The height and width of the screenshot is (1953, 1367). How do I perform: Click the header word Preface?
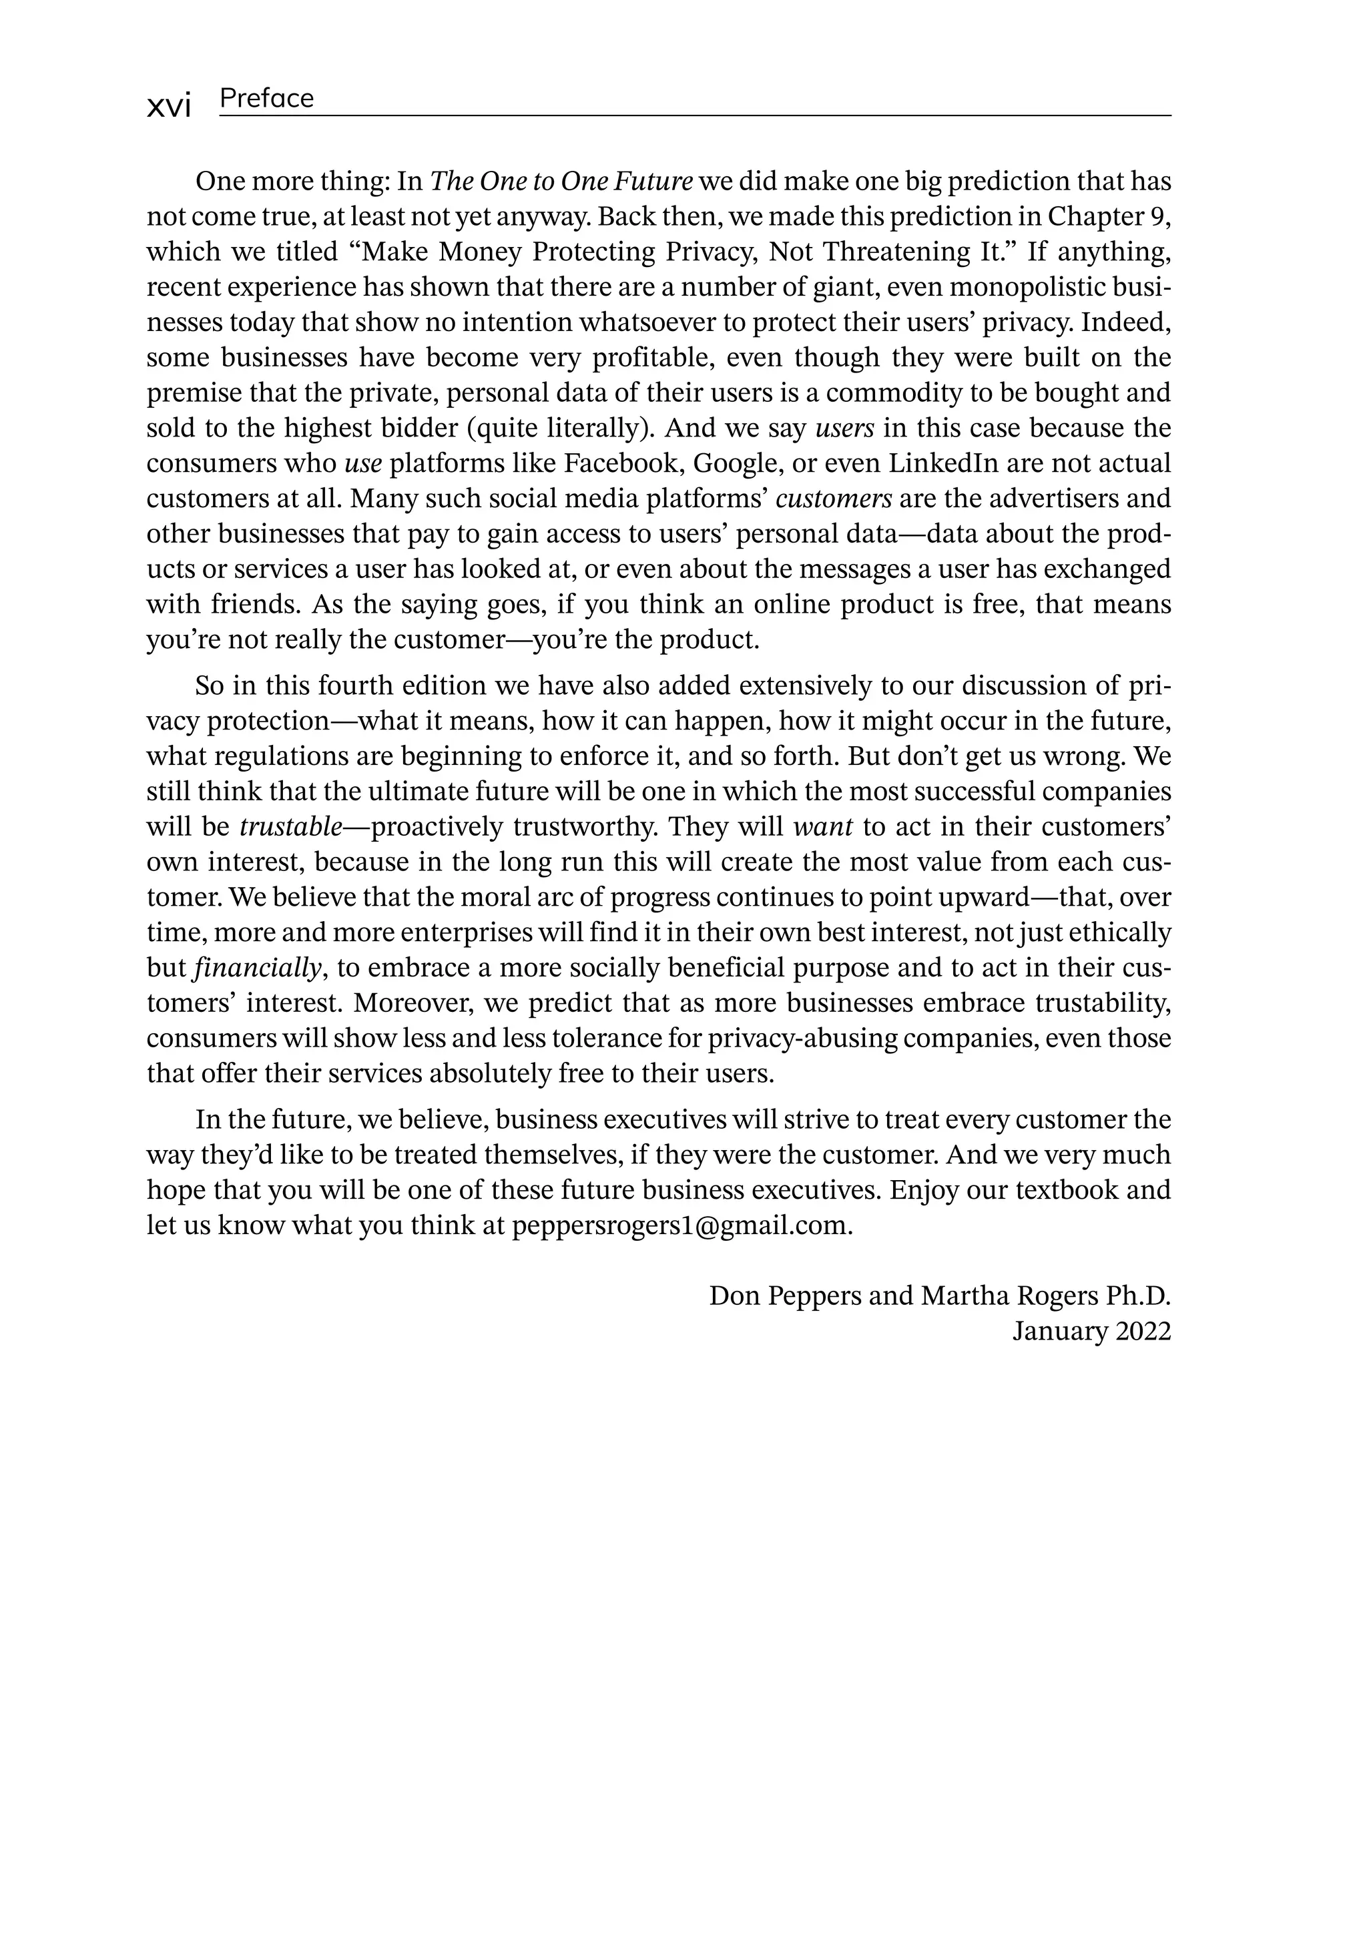(x=266, y=99)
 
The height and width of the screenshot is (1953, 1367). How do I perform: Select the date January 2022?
(x=1091, y=1331)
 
